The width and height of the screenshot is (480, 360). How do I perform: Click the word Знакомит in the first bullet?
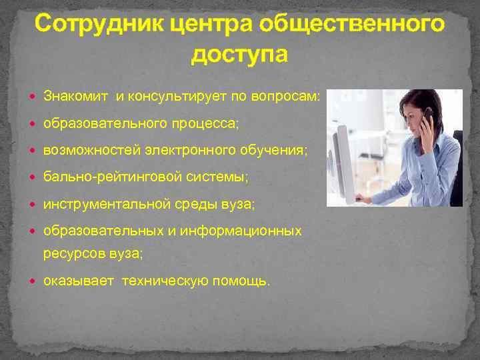click(x=77, y=97)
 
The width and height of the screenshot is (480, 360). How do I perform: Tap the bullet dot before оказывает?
click(x=34, y=281)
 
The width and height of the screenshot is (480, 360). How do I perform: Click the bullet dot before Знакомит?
click(x=34, y=97)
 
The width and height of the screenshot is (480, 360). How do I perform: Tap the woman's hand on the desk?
click(x=363, y=197)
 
